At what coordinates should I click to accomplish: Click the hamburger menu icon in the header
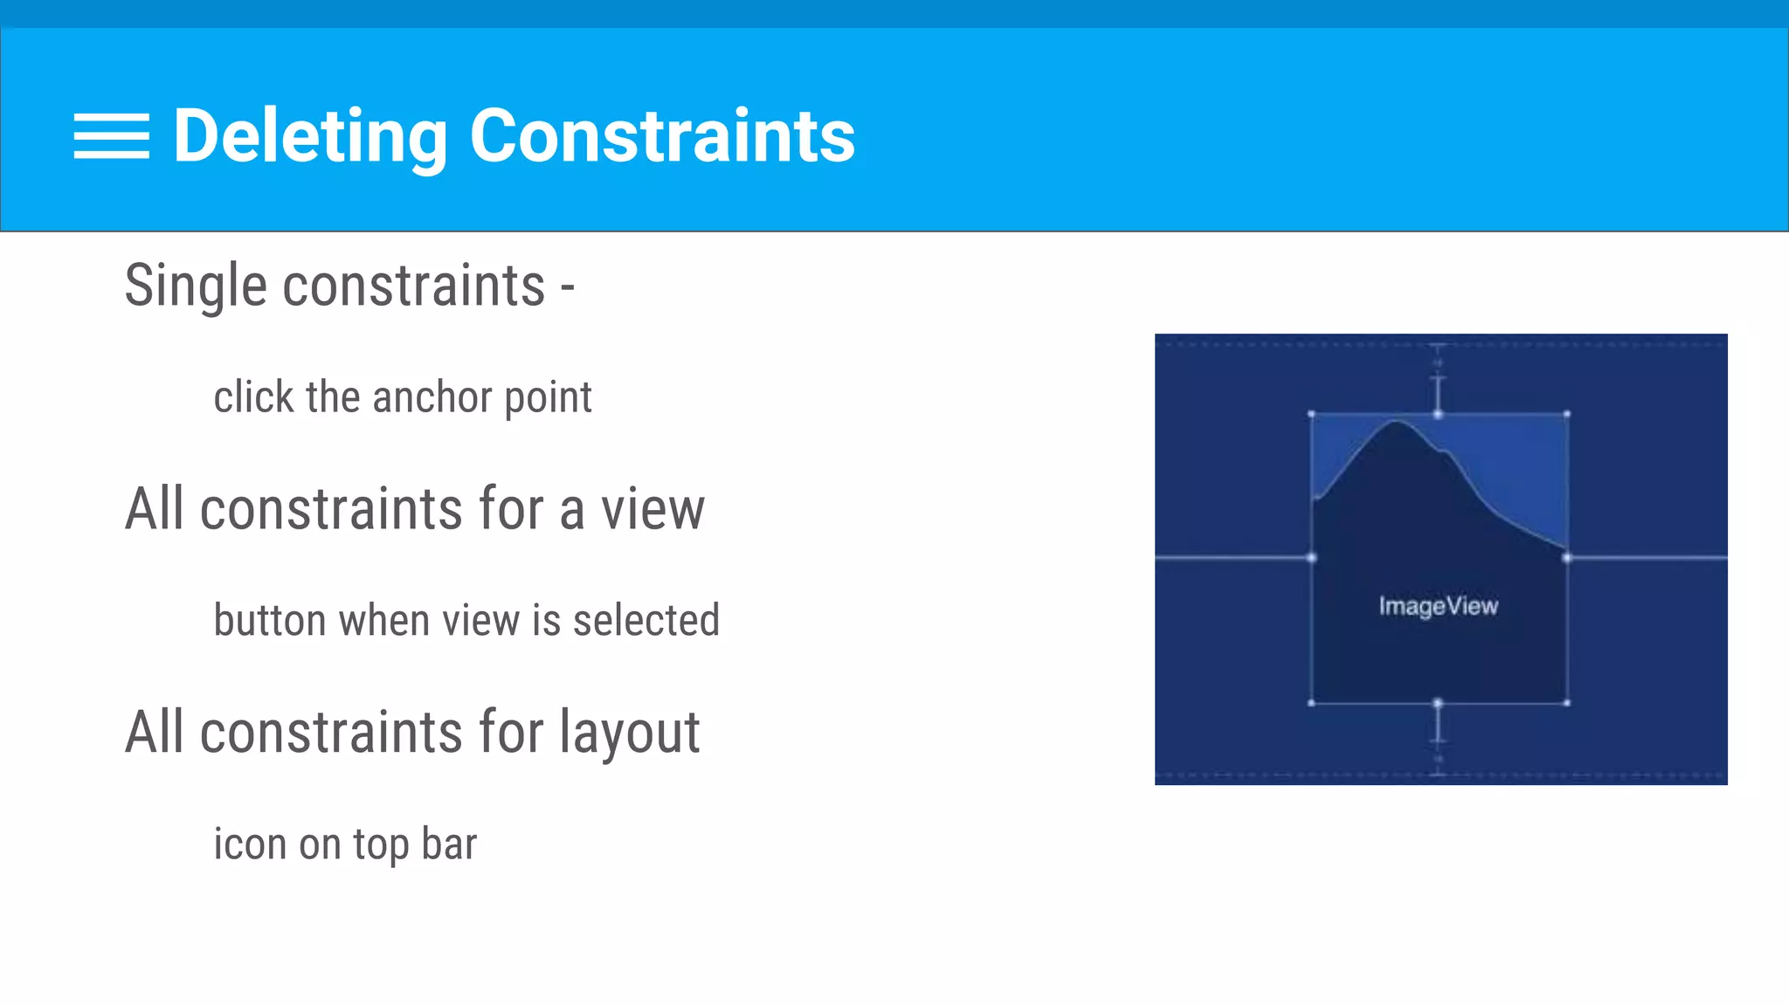[111, 136]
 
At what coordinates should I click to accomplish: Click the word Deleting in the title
[310, 136]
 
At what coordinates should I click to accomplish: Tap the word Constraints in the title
[662, 136]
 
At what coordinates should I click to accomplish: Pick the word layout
[629, 734]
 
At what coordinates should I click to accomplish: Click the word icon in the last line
[250, 844]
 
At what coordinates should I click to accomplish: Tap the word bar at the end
[449, 844]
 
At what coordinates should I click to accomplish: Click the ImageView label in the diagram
[1438, 606]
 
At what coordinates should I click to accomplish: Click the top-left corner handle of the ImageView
[1311, 414]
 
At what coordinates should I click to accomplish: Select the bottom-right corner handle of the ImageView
[1567, 702]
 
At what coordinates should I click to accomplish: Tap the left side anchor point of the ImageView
[1311, 557]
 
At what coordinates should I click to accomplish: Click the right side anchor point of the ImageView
[1567, 557]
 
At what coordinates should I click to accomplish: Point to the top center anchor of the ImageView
[1438, 414]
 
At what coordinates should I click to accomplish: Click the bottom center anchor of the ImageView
[1438, 702]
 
